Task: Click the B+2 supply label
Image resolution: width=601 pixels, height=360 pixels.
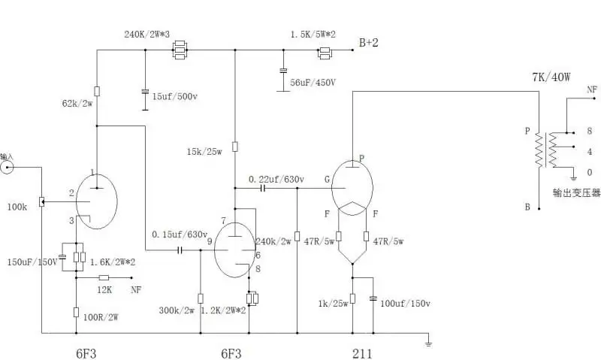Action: (x=368, y=44)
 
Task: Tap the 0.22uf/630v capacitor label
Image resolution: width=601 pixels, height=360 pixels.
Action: (x=276, y=180)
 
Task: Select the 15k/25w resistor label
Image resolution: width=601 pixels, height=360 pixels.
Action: (x=205, y=152)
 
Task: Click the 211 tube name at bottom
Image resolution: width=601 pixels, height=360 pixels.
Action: (x=362, y=352)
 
